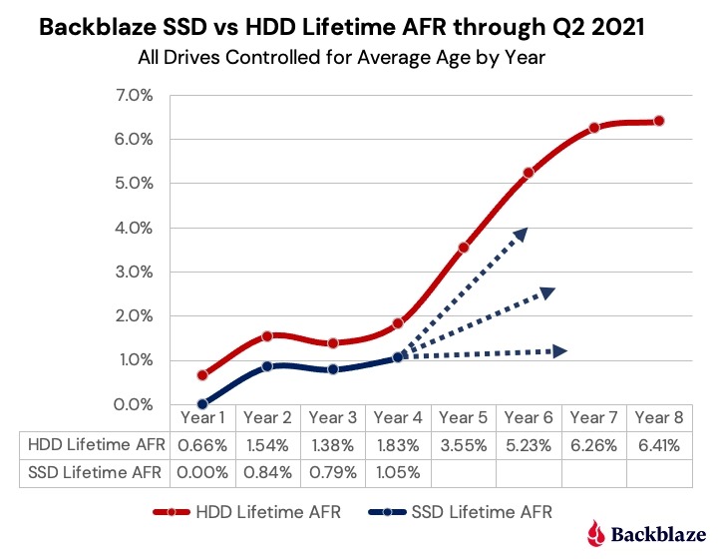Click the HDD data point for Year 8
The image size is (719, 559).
click(x=659, y=121)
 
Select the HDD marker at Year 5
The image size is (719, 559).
click(x=464, y=248)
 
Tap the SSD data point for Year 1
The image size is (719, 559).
click(x=202, y=404)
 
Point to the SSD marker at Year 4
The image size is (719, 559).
click(x=398, y=356)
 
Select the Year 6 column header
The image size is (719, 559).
click(x=529, y=417)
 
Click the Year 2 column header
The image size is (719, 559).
click(x=268, y=417)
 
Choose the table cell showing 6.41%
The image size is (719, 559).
click(x=659, y=444)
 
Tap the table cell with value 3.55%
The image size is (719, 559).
click(x=464, y=444)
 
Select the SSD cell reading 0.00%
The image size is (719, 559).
click(x=202, y=471)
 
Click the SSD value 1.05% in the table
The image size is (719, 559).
click(x=398, y=471)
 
